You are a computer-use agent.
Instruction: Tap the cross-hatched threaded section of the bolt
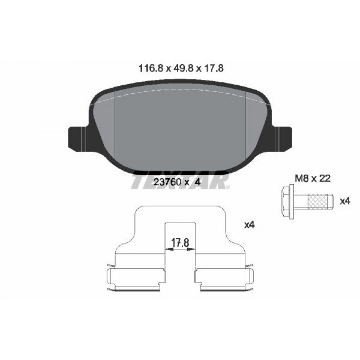pos(319,201)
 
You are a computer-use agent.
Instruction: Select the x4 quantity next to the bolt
pos(346,201)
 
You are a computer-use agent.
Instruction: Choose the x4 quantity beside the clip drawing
pos(249,225)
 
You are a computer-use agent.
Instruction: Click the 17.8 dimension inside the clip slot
pos(180,243)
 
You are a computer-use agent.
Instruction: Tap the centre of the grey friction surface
pos(180,133)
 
